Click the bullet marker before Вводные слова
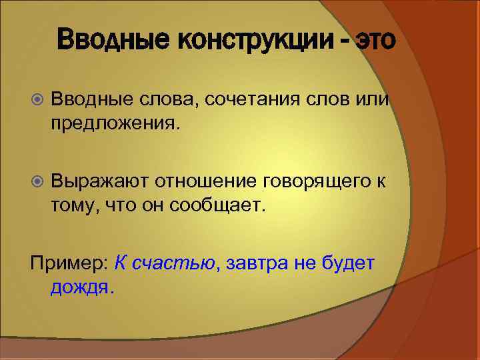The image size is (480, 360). click(x=37, y=100)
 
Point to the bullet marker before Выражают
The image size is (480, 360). click(x=37, y=180)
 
